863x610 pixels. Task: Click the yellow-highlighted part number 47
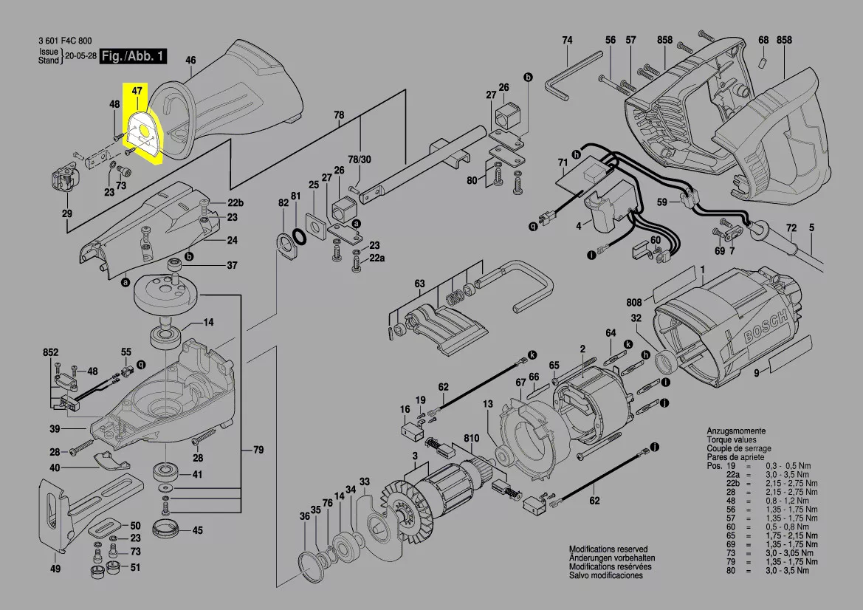coord(137,90)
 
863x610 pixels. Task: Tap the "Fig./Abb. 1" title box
coord(134,56)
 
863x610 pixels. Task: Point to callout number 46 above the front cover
coord(190,61)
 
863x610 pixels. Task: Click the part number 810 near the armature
coord(471,439)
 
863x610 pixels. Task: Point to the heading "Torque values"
coord(735,439)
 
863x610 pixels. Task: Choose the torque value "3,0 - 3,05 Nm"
coord(791,553)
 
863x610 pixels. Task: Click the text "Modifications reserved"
coord(608,549)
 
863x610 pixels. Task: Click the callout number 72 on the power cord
coord(791,228)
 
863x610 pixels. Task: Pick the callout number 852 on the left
coord(50,354)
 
